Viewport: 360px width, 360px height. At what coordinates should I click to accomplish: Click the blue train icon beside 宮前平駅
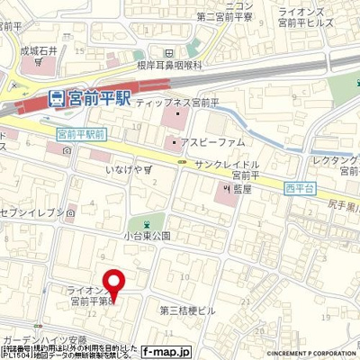[x=56, y=96]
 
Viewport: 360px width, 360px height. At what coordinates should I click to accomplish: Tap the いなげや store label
[x=125, y=168]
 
